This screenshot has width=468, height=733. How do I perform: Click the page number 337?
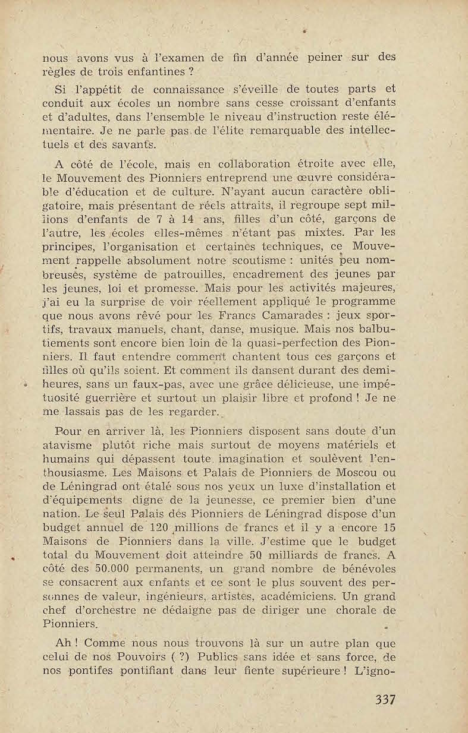[x=385, y=699]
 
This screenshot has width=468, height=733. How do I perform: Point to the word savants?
[x=135, y=144]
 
